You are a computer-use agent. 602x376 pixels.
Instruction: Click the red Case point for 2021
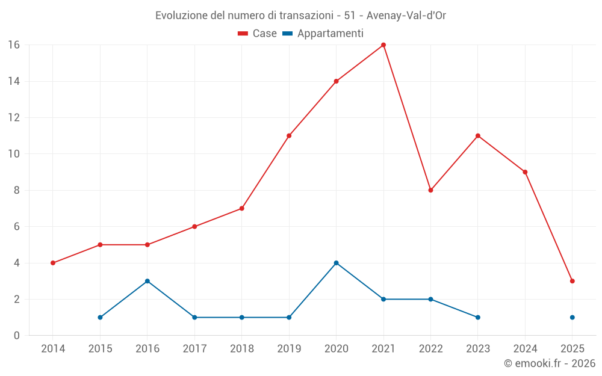pyautogui.click(x=383, y=45)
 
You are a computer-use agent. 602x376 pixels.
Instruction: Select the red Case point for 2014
pyautogui.click(x=53, y=263)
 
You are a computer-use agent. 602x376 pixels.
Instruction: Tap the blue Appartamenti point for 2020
pyautogui.click(x=336, y=263)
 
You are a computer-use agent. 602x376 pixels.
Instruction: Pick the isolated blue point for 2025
pyautogui.click(x=573, y=317)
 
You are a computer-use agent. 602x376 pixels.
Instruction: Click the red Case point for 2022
pyautogui.click(x=430, y=190)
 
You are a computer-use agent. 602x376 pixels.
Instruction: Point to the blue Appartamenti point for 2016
pyautogui.click(x=147, y=281)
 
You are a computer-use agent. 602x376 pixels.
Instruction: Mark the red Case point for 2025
pyautogui.click(x=573, y=281)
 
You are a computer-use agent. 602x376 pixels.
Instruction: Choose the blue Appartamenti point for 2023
pyautogui.click(x=478, y=317)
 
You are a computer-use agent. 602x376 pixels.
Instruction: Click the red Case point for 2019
pyautogui.click(x=289, y=136)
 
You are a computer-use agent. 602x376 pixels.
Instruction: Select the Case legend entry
pyautogui.click(x=258, y=34)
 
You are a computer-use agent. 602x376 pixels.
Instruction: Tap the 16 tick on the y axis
pyautogui.click(x=13, y=45)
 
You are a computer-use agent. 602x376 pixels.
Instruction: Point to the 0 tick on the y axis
pyautogui.click(x=16, y=335)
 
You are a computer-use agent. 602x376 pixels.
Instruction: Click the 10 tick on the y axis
pyautogui.click(x=13, y=154)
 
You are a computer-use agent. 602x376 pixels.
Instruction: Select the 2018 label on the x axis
pyautogui.click(x=242, y=349)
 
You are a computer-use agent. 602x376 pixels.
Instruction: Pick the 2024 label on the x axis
pyautogui.click(x=525, y=349)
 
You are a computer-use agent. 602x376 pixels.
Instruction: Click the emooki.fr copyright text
pyautogui.click(x=550, y=363)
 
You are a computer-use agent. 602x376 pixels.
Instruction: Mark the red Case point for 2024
pyautogui.click(x=525, y=172)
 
